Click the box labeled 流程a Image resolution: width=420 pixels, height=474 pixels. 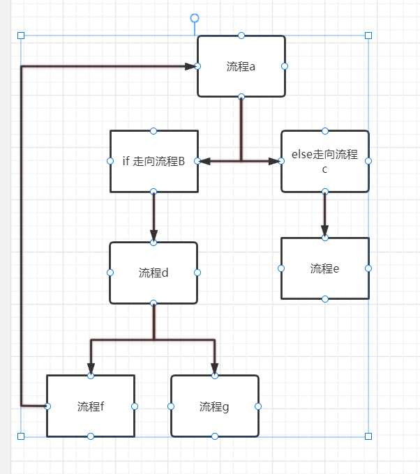point(241,66)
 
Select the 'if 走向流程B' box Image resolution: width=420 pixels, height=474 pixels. point(153,161)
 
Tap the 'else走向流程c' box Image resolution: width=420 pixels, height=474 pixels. point(324,161)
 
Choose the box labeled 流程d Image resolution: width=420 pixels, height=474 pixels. point(153,273)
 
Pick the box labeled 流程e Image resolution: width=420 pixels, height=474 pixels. point(324,268)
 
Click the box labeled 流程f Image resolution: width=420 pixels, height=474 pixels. point(91,406)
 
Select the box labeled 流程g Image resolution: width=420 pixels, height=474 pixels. point(214,406)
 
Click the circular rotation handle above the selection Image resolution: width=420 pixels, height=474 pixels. point(195,17)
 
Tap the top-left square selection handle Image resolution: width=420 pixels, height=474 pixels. point(21,35)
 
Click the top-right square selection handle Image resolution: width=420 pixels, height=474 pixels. point(368,35)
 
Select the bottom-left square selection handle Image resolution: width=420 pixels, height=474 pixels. point(21,436)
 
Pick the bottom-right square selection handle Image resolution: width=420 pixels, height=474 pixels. point(368,436)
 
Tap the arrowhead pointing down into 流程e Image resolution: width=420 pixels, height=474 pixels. point(324,231)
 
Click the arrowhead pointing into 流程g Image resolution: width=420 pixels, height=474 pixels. point(214,369)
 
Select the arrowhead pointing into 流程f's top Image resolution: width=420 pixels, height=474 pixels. point(91,369)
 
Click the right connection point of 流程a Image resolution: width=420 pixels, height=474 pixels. point(285,66)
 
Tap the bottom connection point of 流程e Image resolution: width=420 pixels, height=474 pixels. point(324,298)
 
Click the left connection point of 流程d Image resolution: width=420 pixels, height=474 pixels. point(110,273)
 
